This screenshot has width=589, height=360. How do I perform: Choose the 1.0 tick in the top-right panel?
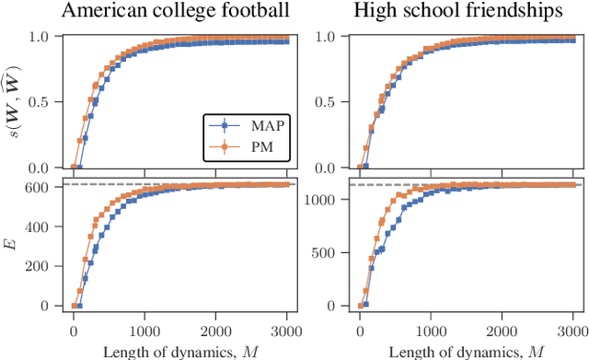click(329, 37)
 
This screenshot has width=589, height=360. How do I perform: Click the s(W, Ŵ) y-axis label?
click(12, 102)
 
